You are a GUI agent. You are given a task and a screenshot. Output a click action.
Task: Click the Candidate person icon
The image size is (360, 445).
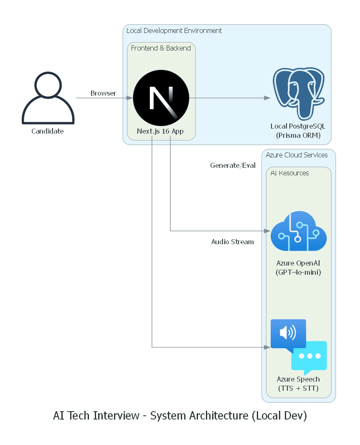pyautogui.click(x=48, y=98)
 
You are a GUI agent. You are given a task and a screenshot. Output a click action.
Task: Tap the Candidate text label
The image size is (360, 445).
pyautogui.click(x=48, y=131)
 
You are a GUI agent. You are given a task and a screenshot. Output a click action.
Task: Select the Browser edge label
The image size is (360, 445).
pyautogui.click(x=103, y=93)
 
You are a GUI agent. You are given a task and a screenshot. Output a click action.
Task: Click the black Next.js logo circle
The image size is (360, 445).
pyautogui.click(x=161, y=98)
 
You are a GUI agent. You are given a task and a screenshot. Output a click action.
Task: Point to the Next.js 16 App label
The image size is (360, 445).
pyautogui.click(x=160, y=131)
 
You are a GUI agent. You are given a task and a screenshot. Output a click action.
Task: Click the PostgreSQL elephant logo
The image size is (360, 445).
pyautogui.click(x=299, y=94)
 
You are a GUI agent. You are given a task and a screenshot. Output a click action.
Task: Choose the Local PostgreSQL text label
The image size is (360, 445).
pyautogui.click(x=298, y=126)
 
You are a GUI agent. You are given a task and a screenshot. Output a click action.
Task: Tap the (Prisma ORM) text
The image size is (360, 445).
pyautogui.click(x=298, y=135)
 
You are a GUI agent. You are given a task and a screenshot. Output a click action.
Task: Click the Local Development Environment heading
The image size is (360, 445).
pyautogui.click(x=174, y=31)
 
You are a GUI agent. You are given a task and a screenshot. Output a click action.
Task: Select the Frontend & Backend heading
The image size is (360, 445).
pyautogui.click(x=161, y=48)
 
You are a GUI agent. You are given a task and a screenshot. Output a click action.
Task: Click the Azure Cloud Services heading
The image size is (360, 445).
pyautogui.click(x=297, y=155)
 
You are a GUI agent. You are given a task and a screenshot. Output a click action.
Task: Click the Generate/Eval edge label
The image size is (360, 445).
pyautogui.click(x=233, y=165)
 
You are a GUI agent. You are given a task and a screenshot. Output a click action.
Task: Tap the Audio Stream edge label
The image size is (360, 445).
pyautogui.click(x=232, y=242)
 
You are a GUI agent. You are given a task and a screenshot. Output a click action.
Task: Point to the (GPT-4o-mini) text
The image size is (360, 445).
pyautogui.click(x=298, y=272)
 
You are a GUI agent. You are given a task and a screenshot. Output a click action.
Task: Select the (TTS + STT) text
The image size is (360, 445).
pyautogui.click(x=298, y=388)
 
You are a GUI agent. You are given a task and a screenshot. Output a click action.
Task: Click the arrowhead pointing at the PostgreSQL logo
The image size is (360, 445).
pyautogui.click(x=267, y=98)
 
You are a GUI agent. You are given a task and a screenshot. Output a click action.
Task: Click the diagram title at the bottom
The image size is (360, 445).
pyautogui.click(x=180, y=416)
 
